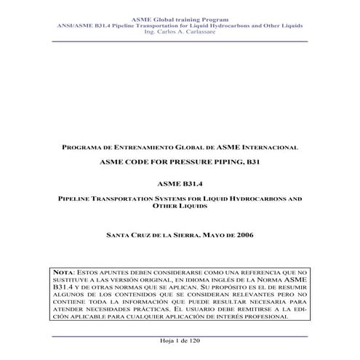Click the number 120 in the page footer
(192, 342)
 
